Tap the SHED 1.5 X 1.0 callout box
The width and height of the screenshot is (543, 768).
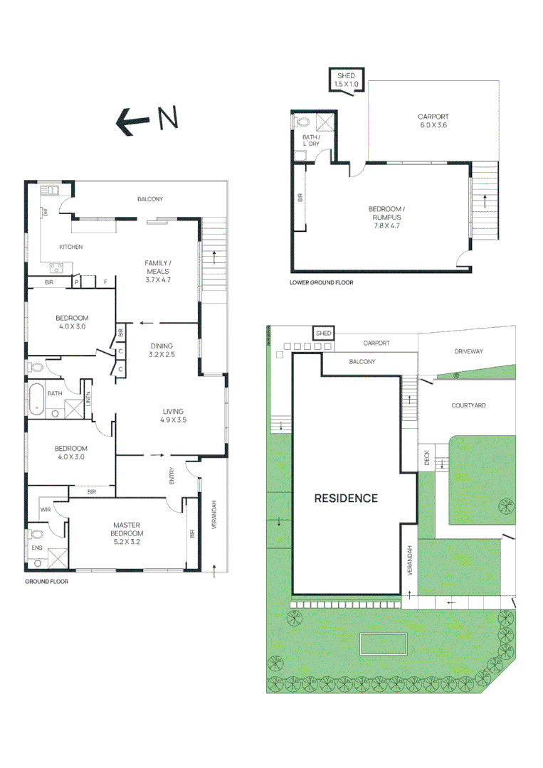[347, 80]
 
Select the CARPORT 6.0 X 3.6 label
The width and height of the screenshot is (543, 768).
[433, 120]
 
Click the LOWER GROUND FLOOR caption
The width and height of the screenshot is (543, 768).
[321, 282]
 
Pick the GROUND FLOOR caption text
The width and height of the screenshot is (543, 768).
[46, 581]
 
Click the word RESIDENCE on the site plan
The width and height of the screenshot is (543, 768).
[346, 498]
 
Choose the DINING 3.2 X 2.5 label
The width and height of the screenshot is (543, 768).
[161, 350]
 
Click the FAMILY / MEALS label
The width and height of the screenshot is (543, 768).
[159, 271]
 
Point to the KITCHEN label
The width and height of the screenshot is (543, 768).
[71, 247]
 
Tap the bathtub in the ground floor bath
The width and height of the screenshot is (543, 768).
[36, 400]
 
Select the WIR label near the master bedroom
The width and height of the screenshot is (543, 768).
[45, 509]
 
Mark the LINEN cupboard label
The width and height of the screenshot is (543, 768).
[89, 400]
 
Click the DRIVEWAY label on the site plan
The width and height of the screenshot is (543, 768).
[468, 351]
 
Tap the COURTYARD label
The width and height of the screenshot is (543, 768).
[468, 405]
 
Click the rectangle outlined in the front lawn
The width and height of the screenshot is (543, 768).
[384, 644]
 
